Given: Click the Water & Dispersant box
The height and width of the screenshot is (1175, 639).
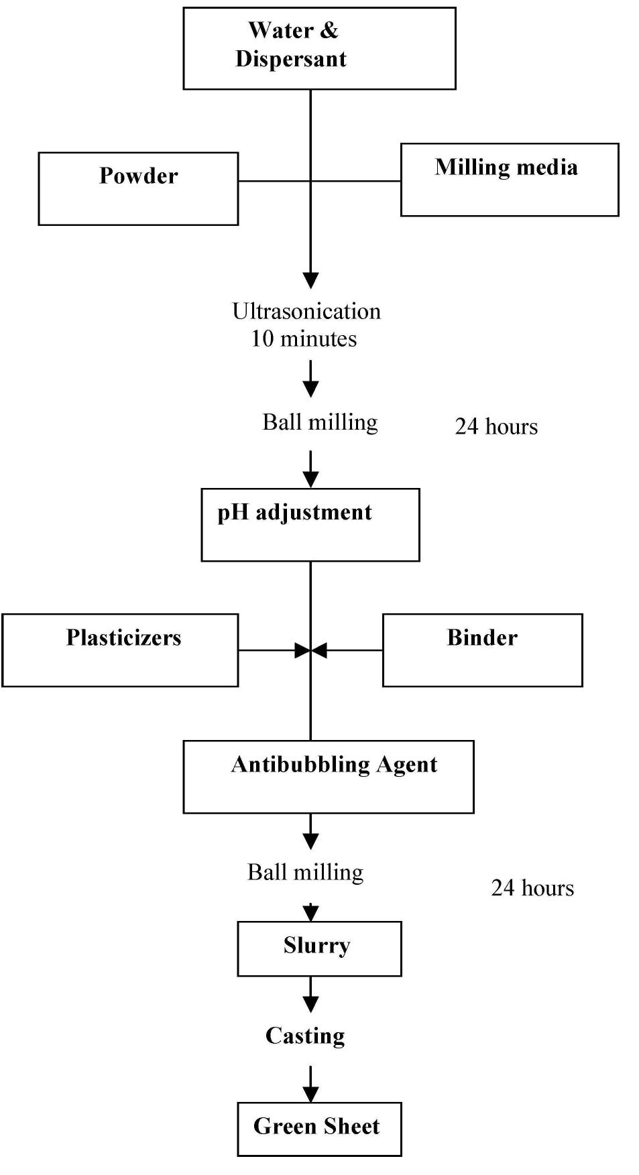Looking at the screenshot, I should click(x=319, y=48).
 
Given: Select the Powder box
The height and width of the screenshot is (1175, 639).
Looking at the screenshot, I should click(x=138, y=188).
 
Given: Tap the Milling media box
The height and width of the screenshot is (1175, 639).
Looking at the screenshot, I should click(x=509, y=179).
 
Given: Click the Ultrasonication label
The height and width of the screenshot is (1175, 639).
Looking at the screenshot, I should click(x=306, y=311).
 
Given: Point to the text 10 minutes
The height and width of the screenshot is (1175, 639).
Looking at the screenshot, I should click(x=304, y=338).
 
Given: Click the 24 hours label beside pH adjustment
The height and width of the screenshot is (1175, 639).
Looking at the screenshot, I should click(x=496, y=426).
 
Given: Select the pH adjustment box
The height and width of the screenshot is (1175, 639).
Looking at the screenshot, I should click(x=310, y=524).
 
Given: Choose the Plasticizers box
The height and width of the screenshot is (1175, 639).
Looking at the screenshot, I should click(x=120, y=650).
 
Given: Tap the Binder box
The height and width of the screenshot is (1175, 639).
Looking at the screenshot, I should click(x=482, y=650).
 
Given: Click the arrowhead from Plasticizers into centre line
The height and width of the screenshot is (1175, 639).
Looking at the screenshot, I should click(x=302, y=650).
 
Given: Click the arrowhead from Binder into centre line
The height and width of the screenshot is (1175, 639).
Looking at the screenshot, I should click(x=319, y=650).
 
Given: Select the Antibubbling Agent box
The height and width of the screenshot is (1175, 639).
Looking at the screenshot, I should click(x=329, y=776).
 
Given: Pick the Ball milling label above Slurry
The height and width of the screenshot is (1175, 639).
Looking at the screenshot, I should click(x=305, y=872).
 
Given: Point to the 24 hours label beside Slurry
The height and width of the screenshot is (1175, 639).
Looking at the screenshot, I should click(x=532, y=888).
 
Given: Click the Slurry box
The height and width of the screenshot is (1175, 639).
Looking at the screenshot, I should click(x=319, y=948).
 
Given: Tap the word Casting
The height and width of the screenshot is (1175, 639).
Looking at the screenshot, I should click(x=305, y=1036).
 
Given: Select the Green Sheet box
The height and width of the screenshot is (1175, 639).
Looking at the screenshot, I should click(x=319, y=1128).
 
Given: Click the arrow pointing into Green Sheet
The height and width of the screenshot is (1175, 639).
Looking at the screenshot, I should click(x=310, y=1086).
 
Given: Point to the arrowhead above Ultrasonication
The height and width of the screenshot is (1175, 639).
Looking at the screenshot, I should click(x=310, y=280).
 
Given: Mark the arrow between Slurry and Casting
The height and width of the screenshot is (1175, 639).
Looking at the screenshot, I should click(x=310, y=995).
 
